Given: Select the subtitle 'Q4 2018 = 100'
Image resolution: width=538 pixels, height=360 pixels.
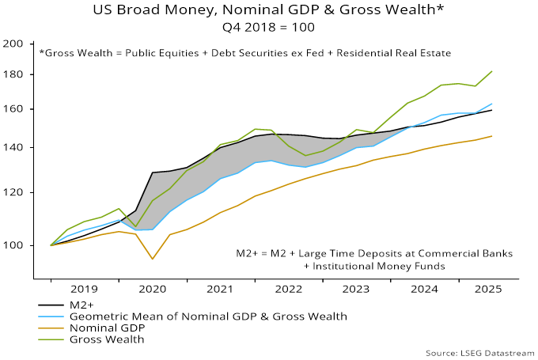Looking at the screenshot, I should (268, 27).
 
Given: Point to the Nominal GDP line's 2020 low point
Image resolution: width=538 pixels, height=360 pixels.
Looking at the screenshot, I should (153, 259).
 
